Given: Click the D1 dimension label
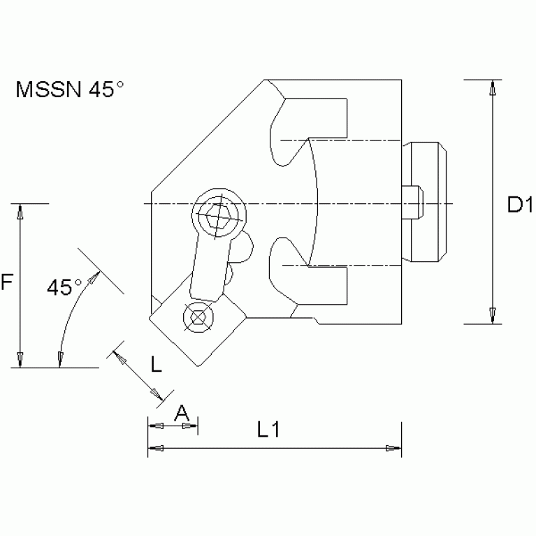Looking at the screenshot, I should coord(520,205).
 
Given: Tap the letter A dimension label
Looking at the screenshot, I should coord(182,413).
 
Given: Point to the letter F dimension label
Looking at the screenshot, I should coord(6,283).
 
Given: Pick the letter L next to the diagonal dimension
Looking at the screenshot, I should coord(156,365).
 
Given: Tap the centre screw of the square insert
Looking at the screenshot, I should coord(198,317).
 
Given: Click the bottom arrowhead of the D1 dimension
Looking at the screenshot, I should coord(493,315).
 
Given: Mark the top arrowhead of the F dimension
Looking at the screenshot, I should coord(21,213).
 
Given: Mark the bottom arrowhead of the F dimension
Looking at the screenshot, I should coord(21,358).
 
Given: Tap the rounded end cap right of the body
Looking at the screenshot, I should coord(426,201).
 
